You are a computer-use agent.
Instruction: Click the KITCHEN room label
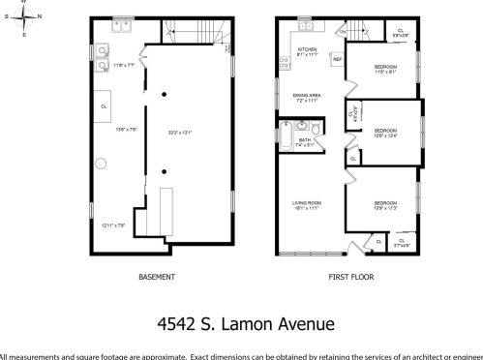coord(307,48)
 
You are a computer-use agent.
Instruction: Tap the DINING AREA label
coord(307,95)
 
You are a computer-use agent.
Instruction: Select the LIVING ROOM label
coord(307,202)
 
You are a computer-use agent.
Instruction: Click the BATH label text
coord(305,140)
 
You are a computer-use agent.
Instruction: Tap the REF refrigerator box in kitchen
coord(337,60)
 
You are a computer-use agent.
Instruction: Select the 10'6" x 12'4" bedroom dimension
coord(385,135)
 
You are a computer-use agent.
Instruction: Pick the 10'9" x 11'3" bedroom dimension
coord(384,207)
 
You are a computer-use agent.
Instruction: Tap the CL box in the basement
coord(104,105)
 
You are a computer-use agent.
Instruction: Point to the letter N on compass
coord(39,16)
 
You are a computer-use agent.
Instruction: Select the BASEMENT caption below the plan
coord(157,277)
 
